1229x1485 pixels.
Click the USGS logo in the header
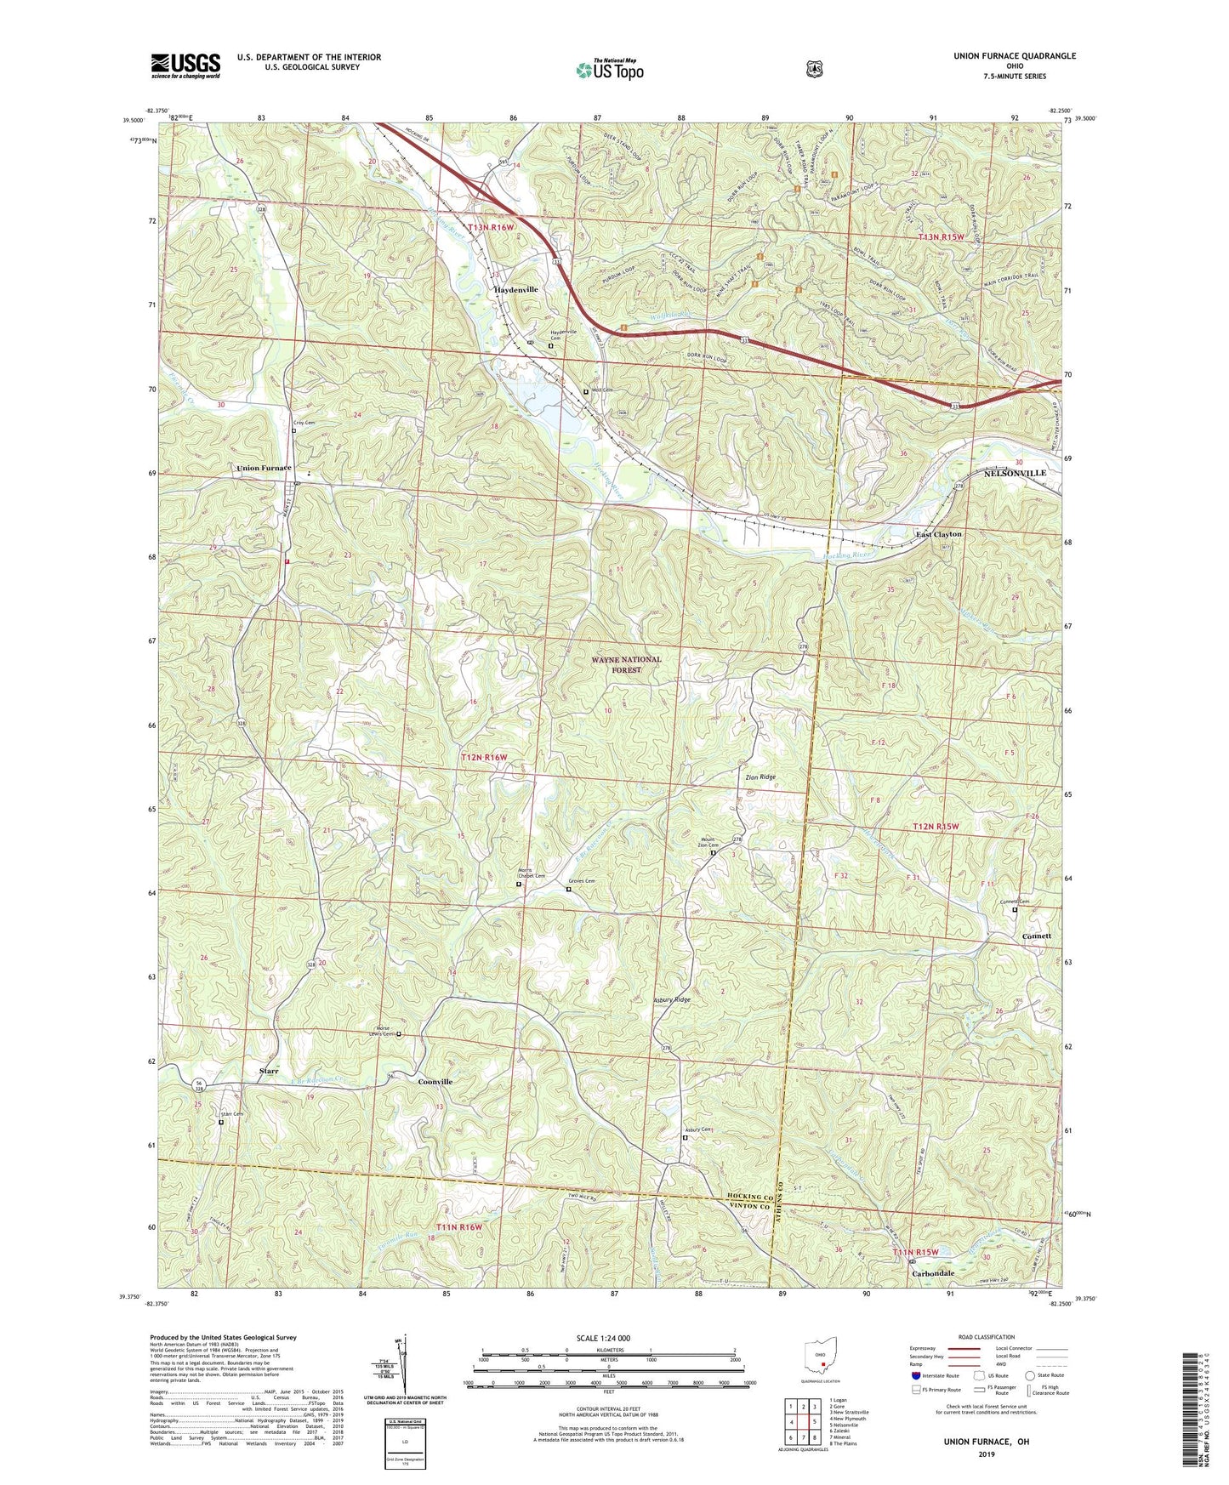pyautogui.click(x=185, y=65)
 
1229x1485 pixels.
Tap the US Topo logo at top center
pyautogui.click(x=609, y=70)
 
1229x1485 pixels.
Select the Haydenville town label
pyautogui.click(x=516, y=290)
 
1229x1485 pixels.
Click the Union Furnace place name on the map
pyautogui.click(x=264, y=469)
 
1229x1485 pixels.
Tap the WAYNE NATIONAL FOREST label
pyautogui.click(x=626, y=664)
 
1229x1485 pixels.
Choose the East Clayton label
pyautogui.click(x=938, y=534)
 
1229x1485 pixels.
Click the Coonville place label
pyautogui.click(x=435, y=1082)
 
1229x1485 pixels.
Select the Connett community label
pyautogui.click(x=1036, y=936)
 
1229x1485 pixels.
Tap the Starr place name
pyautogui.click(x=269, y=1071)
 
